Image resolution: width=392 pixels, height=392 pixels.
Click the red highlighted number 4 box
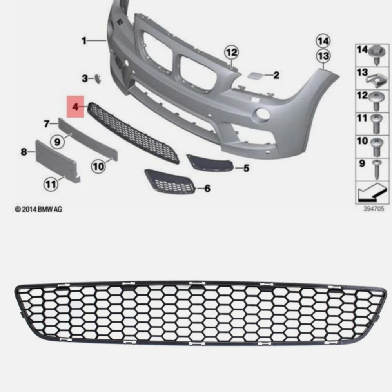click(76, 106)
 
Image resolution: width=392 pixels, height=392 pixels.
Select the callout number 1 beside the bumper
click(84, 40)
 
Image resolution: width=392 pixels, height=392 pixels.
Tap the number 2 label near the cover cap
click(276, 75)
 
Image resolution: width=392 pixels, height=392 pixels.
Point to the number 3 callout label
click(85, 79)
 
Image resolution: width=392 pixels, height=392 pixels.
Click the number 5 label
click(246, 169)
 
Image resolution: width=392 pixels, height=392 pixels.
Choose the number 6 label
click(207, 189)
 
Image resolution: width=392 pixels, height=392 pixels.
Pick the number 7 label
click(46, 124)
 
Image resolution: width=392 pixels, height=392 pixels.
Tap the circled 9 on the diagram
click(58, 141)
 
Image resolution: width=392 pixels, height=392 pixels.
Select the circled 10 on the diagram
click(99, 167)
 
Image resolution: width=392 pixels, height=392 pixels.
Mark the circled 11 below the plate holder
click(51, 184)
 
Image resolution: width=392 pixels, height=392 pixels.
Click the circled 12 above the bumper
click(231, 52)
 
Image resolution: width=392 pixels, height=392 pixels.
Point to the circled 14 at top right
click(324, 41)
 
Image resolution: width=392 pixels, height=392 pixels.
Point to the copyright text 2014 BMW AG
click(38, 210)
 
